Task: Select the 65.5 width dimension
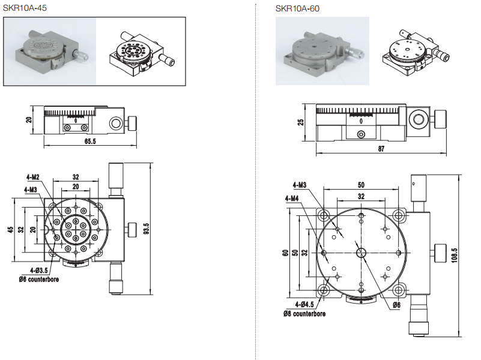pos(89,141)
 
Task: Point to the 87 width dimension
pos(363,149)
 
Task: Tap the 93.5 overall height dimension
pos(146,229)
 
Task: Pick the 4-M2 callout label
pos(32,177)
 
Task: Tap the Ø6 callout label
pos(397,305)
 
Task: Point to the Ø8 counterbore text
pos(304,314)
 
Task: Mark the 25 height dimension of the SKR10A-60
pos(301,122)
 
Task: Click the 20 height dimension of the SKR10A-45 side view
pos(28,120)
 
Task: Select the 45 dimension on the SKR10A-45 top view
pos(10,230)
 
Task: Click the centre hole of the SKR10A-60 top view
pos(360,253)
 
